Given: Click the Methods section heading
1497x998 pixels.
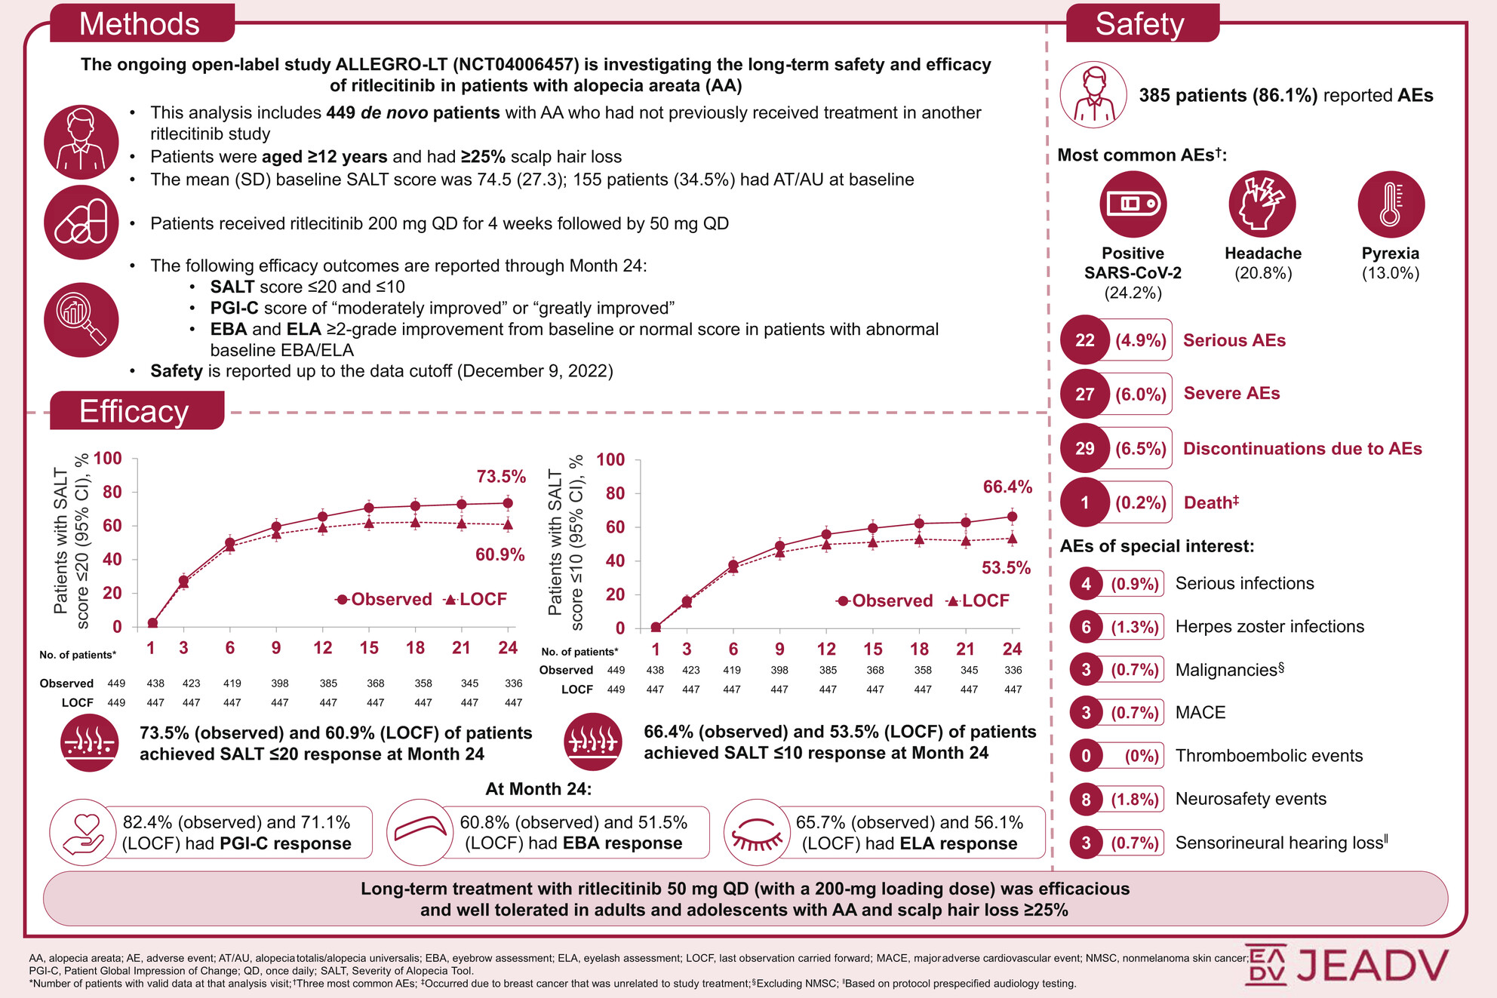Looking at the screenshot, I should pos(140,24).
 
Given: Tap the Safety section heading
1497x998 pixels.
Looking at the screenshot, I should pos(1139,24).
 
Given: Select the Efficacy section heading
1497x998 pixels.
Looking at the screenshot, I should pos(134,412).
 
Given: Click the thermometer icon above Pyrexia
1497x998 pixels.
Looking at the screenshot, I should pos(1391,204).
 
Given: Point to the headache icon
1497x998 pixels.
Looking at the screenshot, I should pos(1262,204).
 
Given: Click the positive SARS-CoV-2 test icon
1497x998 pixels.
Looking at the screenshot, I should pos(1133,204).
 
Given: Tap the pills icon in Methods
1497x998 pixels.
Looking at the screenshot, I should pos(81,223).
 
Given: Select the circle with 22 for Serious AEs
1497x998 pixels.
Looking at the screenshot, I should pos(1084,340).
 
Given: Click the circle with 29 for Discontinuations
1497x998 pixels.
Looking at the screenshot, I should pos(1084,449).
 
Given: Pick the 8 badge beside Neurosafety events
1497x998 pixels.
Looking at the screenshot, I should pos(1086,800).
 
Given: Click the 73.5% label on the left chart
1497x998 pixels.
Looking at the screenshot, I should pos(501,477).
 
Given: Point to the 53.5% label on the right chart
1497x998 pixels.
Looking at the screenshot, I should pos(1006,568).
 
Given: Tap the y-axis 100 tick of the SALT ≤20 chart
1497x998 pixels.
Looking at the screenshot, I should pos(108,459).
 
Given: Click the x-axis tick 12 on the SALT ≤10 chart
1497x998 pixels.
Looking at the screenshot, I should pos(826,649).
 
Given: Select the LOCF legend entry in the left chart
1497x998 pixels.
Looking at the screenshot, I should pos(475,600).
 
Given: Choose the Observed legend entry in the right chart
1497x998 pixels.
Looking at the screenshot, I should pos(885,601).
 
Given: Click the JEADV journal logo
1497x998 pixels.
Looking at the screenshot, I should pos(1347,965).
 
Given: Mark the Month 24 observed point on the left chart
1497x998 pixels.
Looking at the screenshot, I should pos(508,503).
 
